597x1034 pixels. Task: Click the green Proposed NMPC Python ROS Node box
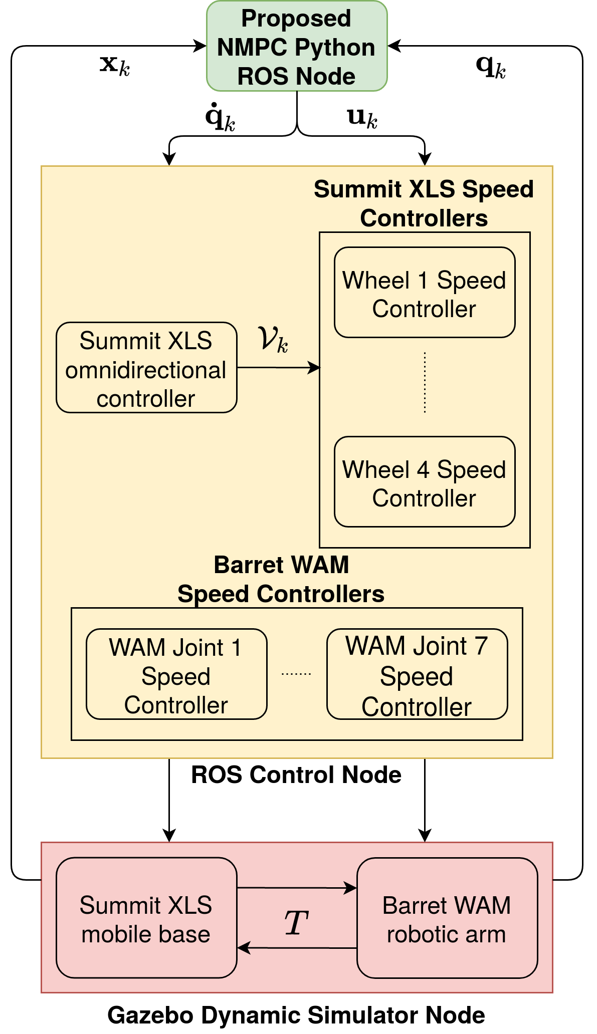(x=297, y=46)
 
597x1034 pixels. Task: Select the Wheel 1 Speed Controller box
(x=425, y=292)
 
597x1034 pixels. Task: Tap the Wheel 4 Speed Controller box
(x=425, y=481)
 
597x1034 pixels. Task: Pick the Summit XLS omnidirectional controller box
(x=146, y=367)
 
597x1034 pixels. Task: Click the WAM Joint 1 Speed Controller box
(x=176, y=674)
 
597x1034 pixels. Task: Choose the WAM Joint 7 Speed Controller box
(x=417, y=674)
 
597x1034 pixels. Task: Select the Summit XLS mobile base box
(x=146, y=918)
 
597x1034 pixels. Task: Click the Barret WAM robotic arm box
(x=447, y=918)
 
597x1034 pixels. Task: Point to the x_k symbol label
(x=115, y=66)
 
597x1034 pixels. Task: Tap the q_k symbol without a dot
(x=491, y=67)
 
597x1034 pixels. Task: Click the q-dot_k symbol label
(x=220, y=117)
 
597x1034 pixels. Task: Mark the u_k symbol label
(x=362, y=118)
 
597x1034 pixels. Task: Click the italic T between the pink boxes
(x=296, y=922)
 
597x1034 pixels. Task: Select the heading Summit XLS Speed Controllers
(x=424, y=203)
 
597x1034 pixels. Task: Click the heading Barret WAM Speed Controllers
(x=281, y=579)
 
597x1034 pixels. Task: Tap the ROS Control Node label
(x=296, y=774)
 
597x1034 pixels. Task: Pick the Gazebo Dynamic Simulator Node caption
(x=296, y=1015)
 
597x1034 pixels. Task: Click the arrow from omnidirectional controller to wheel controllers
(x=278, y=368)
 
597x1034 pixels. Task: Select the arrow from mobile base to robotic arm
(x=297, y=888)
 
